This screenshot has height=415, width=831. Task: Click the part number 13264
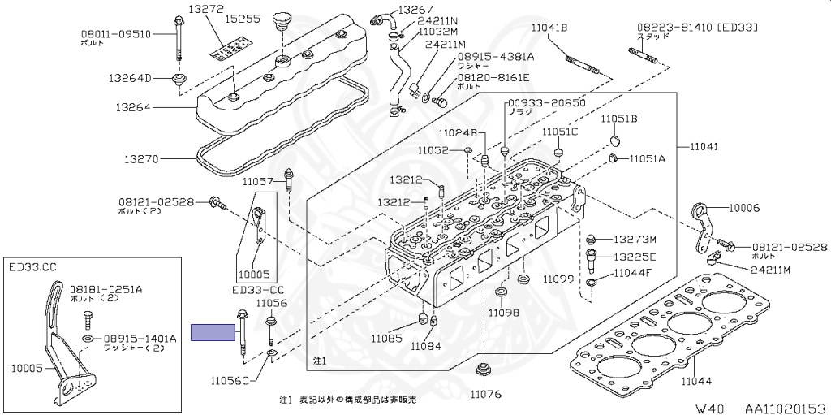tap(132, 106)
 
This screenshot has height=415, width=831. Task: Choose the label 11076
tap(485, 395)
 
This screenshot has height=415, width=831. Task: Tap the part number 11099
tap(558, 279)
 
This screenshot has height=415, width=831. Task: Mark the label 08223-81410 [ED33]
tap(697, 27)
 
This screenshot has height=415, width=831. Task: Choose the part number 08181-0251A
tap(105, 288)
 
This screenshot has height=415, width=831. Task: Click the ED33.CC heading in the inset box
tap(33, 266)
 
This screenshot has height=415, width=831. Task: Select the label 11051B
tap(619, 119)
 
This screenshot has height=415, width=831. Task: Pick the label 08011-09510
tap(115, 34)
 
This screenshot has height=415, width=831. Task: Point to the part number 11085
tap(388, 337)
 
